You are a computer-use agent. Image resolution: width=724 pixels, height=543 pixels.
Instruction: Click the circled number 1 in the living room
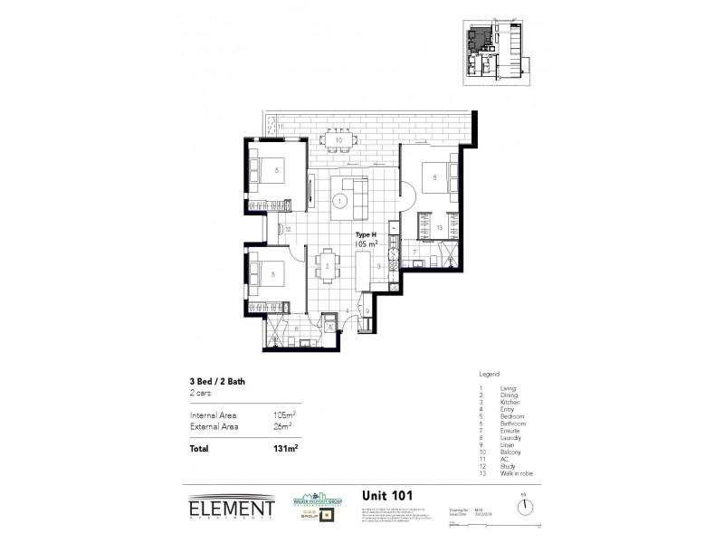click(340, 201)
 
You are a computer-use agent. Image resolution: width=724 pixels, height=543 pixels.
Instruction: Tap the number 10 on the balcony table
click(338, 140)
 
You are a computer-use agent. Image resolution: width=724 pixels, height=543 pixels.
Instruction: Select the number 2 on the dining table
click(327, 266)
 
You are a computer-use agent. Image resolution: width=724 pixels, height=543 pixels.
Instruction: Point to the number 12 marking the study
click(287, 230)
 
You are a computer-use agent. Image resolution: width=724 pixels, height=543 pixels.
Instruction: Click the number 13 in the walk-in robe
click(439, 227)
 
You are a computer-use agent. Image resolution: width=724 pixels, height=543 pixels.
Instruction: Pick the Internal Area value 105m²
click(284, 414)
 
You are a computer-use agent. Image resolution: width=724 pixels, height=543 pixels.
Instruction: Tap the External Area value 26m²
click(283, 425)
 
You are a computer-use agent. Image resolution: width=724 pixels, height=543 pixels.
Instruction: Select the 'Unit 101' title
click(388, 495)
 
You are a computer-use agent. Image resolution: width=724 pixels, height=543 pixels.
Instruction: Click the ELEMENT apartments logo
click(231, 508)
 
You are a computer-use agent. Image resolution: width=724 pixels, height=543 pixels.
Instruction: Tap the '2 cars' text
click(201, 395)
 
